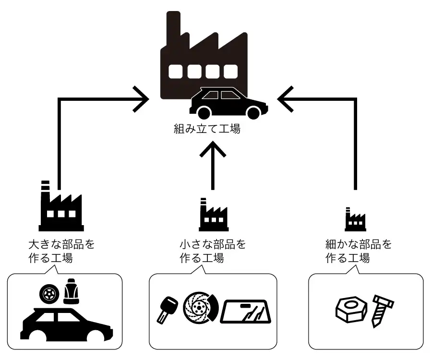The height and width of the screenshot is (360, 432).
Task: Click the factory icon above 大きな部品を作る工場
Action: tap(60, 206)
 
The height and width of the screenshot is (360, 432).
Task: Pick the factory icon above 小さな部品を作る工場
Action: tap(213, 214)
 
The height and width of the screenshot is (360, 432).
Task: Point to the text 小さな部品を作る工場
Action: tap(212, 251)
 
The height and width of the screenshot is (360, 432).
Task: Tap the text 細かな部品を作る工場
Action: tap(358, 251)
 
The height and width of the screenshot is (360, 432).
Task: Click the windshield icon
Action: tap(246, 312)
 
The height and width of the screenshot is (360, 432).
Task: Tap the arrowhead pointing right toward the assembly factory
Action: tap(143, 99)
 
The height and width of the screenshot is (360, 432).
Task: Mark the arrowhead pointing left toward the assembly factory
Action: tap(284, 99)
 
